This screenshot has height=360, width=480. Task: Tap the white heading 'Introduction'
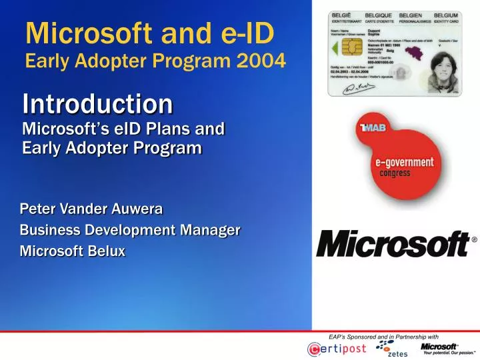pyautogui.click(x=97, y=104)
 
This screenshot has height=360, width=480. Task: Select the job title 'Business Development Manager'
pyautogui.click(x=130, y=231)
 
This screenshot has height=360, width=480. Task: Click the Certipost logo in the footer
pyautogui.click(x=337, y=349)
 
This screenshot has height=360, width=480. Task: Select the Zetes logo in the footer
pyautogui.click(x=389, y=348)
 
